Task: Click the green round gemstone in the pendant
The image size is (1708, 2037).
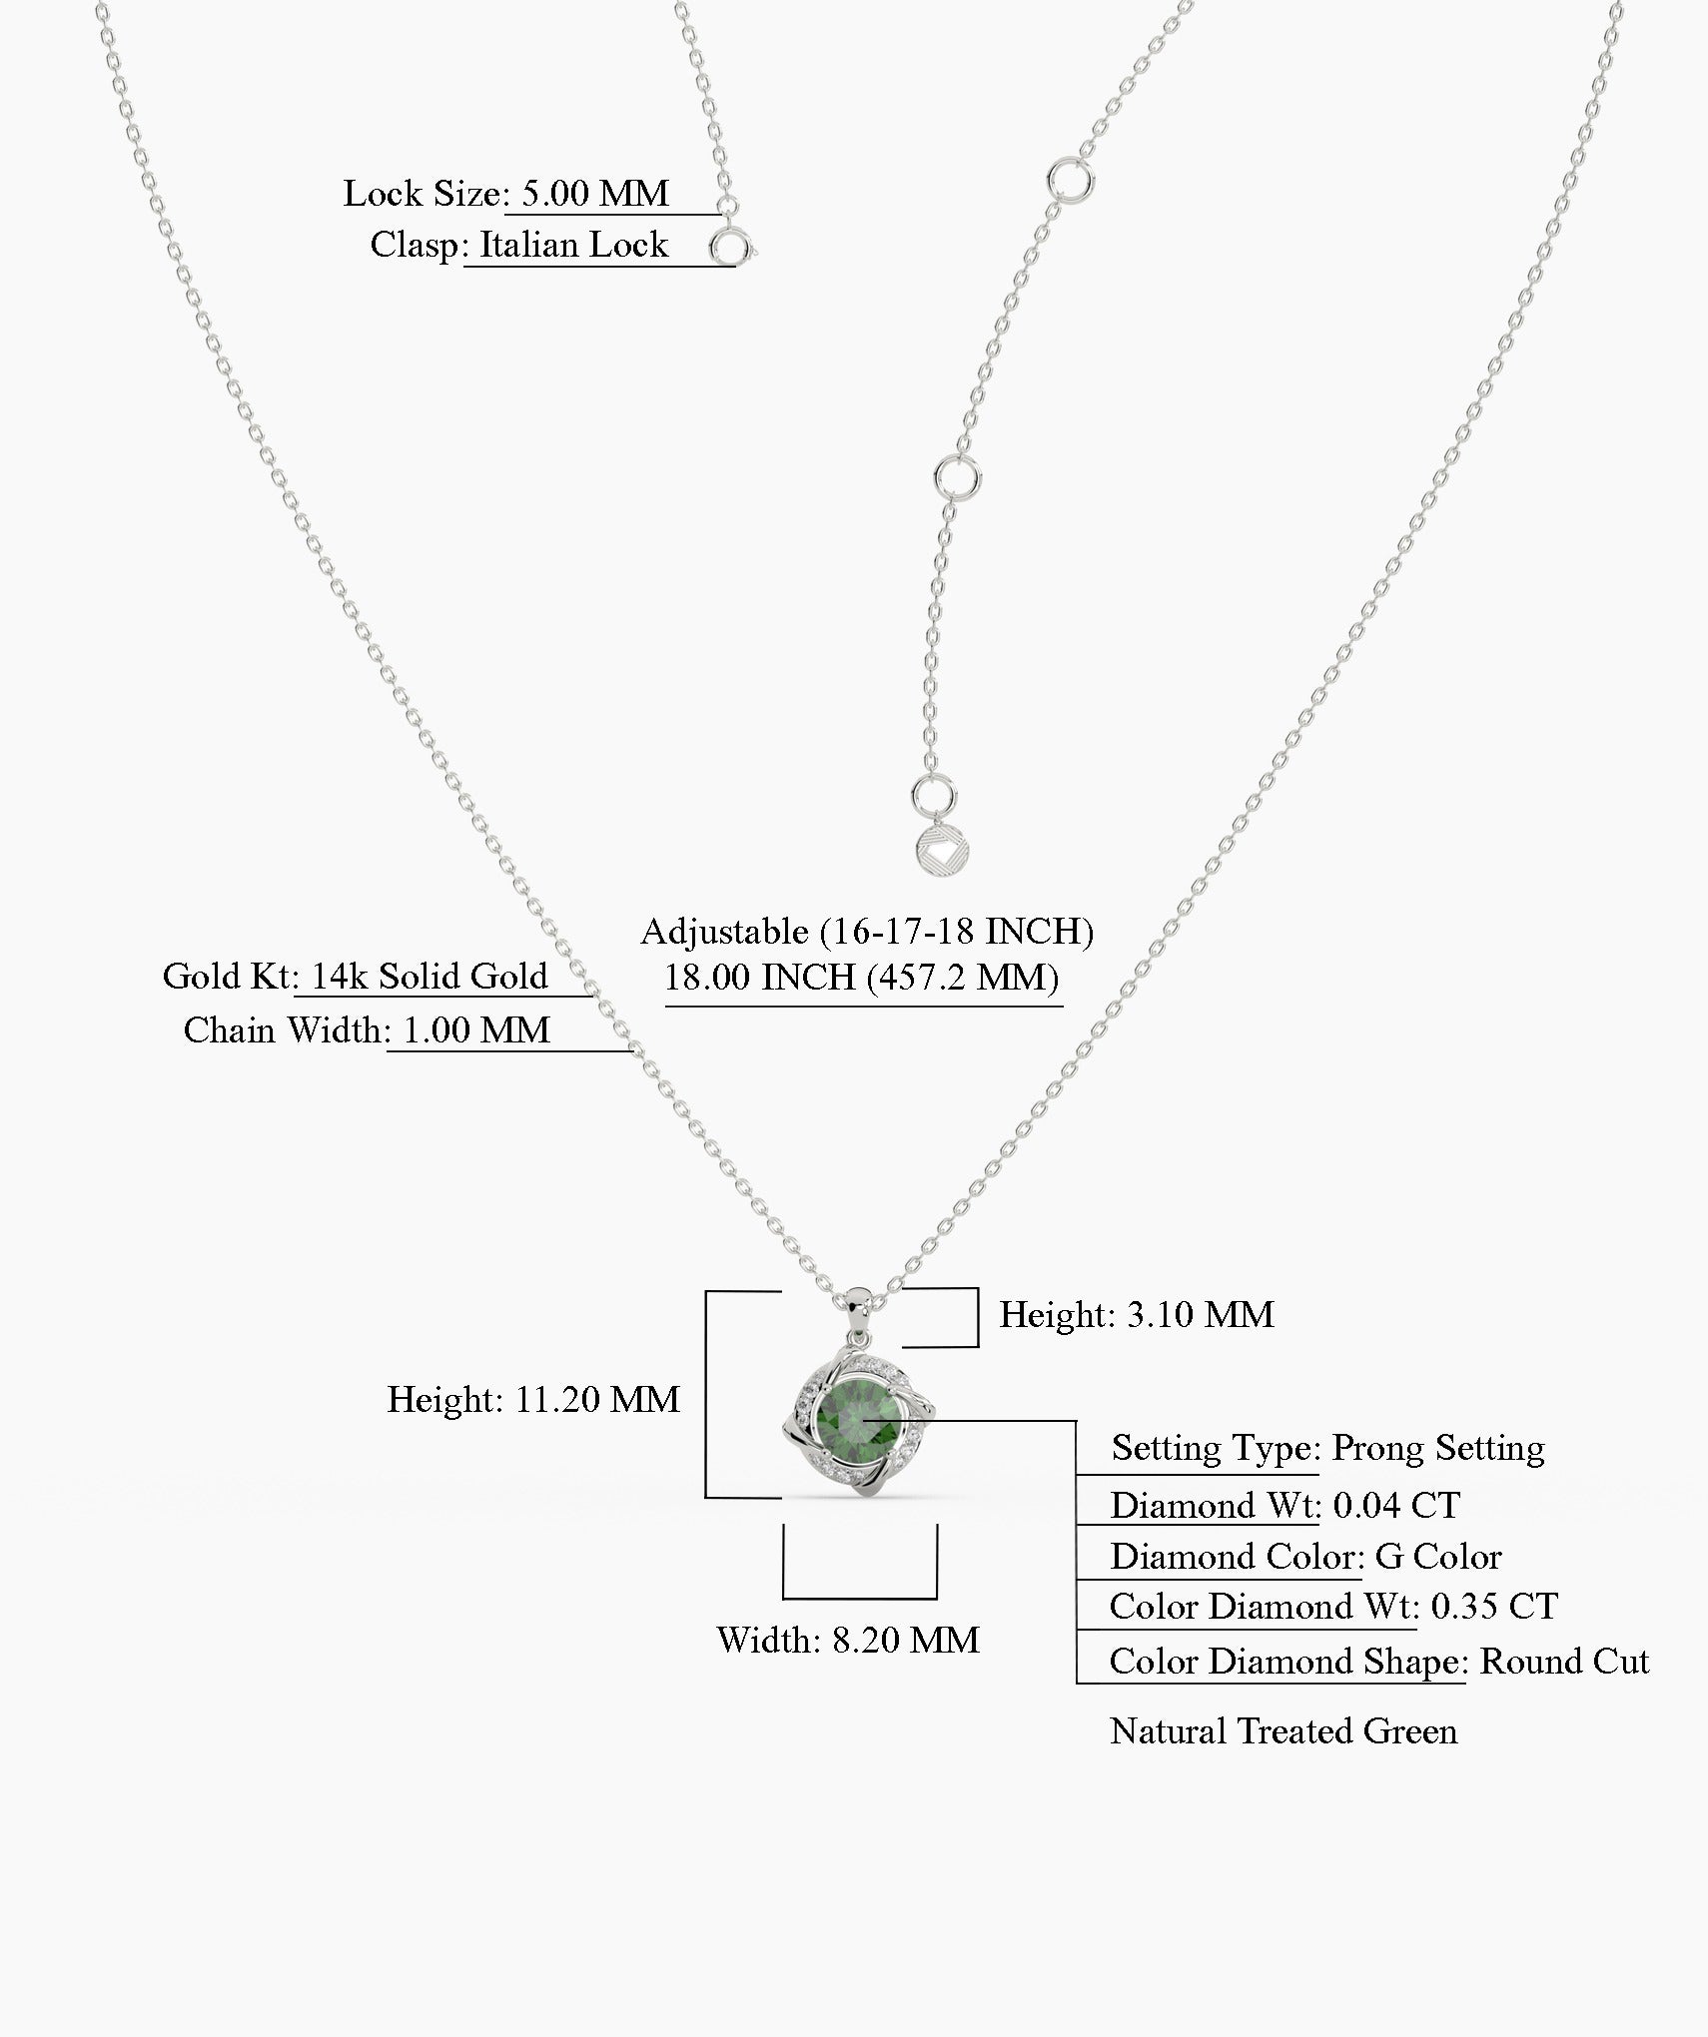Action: (x=860, y=1418)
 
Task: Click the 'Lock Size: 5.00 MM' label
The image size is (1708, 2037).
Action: (x=506, y=194)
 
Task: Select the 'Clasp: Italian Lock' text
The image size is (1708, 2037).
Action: (x=518, y=246)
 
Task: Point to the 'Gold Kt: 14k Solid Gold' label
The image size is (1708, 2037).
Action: (x=356, y=977)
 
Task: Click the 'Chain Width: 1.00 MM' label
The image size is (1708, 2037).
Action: (x=367, y=1030)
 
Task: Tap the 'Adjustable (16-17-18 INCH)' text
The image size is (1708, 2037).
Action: (x=867, y=932)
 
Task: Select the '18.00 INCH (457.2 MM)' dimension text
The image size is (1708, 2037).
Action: (x=862, y=978)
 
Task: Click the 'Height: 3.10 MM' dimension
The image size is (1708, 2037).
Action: (x=1137, y=1315)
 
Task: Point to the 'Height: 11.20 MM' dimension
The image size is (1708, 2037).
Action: (x=533, y=1400)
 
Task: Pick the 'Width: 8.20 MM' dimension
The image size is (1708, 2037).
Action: (x=848, y=1641)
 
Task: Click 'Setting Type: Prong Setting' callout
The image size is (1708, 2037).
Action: (x=1327, y=1449)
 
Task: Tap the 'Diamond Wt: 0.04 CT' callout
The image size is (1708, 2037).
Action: (x=1284, y=1506)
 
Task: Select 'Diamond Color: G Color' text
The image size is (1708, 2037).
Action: (x=1305, y=1558)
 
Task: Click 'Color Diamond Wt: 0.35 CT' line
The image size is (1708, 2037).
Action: (x=1332, y=1607)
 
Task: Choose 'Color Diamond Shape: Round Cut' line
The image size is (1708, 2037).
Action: (x=1378, y=1662)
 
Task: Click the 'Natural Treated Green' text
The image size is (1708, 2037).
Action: (x=1283, y=1731)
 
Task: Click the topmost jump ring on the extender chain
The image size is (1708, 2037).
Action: (x=1070, y=180)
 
